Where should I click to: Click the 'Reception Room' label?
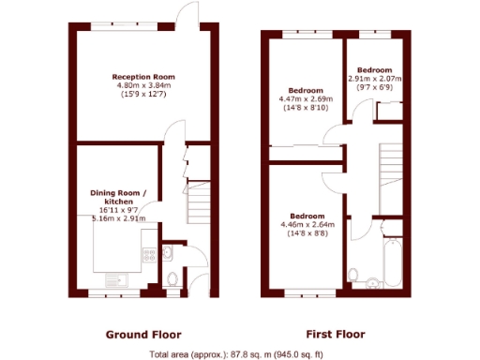click(x=143, y=77)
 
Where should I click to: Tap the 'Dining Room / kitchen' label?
click(x=118, y=197)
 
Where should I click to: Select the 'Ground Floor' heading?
click(x=142, y=334)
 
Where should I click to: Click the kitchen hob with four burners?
click(x=147, y=254)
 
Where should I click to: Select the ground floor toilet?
click(x=171, y=278)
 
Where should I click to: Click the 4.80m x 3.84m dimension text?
click(x=143, y=85)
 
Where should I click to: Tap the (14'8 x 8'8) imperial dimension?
click(x=307, y=232)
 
